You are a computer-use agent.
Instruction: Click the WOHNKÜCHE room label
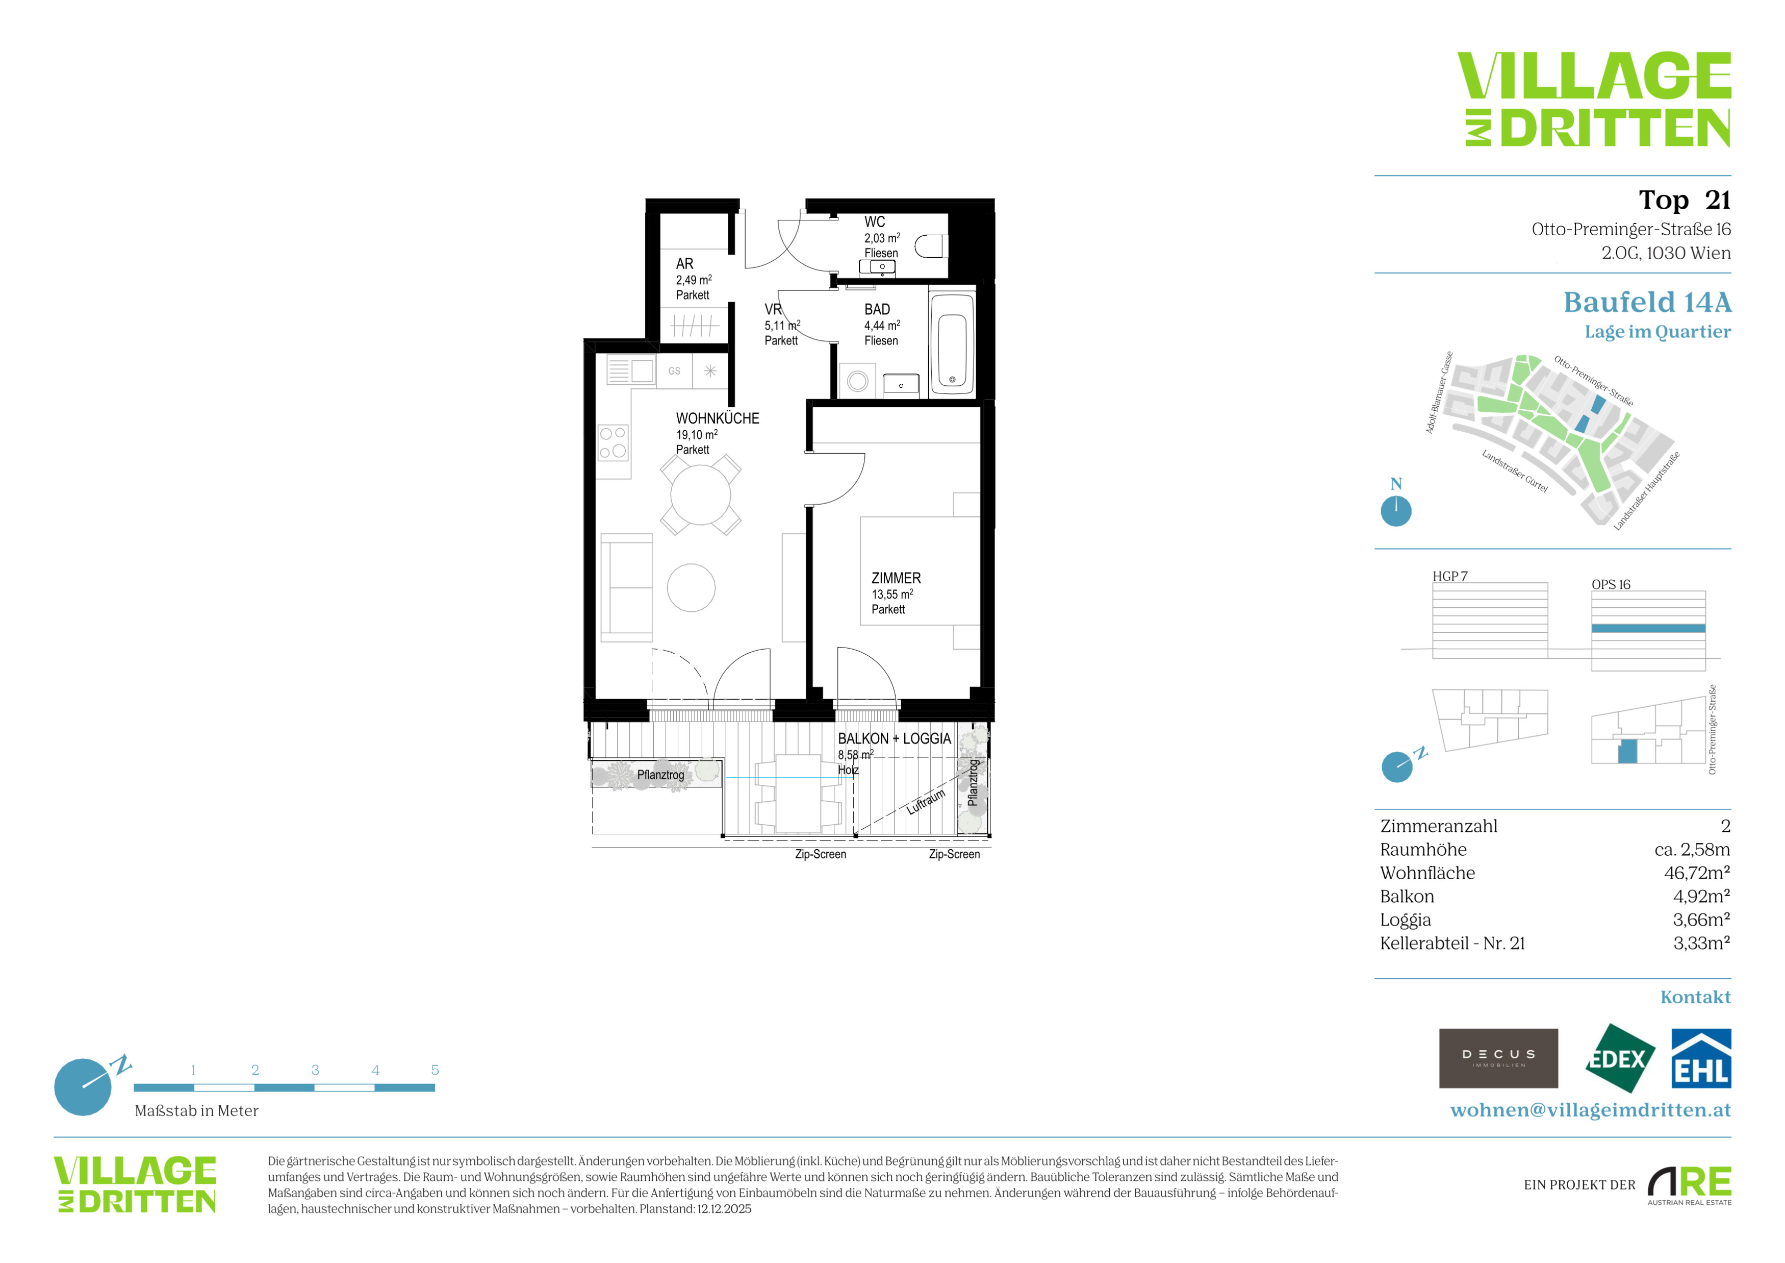pyautogui.click(x=717, y=418)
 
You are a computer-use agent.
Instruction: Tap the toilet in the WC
pyautogui.click(x=931, y=246)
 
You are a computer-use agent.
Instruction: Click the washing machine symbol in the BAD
pyautogui.click(x=857, y=381)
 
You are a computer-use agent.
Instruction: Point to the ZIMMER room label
pyautogui.click(x=896, y=578)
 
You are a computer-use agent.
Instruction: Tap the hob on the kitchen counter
pyautogui.click(x=613, y=442)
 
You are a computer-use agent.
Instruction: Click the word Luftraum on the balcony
pyautogui.click(x=926, y=802)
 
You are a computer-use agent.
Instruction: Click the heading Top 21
pyautogui.click(x=1685, y=200)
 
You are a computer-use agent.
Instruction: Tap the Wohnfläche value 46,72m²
pyautogui.click(x=1697, y=873)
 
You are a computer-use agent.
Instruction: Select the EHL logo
pyautogui.click(x=1701, y=1058)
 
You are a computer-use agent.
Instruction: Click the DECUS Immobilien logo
pyautogui.click(x=1498, y=1058)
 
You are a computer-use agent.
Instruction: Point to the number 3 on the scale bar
pyautogui.click(x=315, y=1070)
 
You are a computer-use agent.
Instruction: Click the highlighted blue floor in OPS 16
pyautogui.click(x=1648, y=628)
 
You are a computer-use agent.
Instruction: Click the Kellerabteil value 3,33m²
pyautogui.click(x=1702, y=943)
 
